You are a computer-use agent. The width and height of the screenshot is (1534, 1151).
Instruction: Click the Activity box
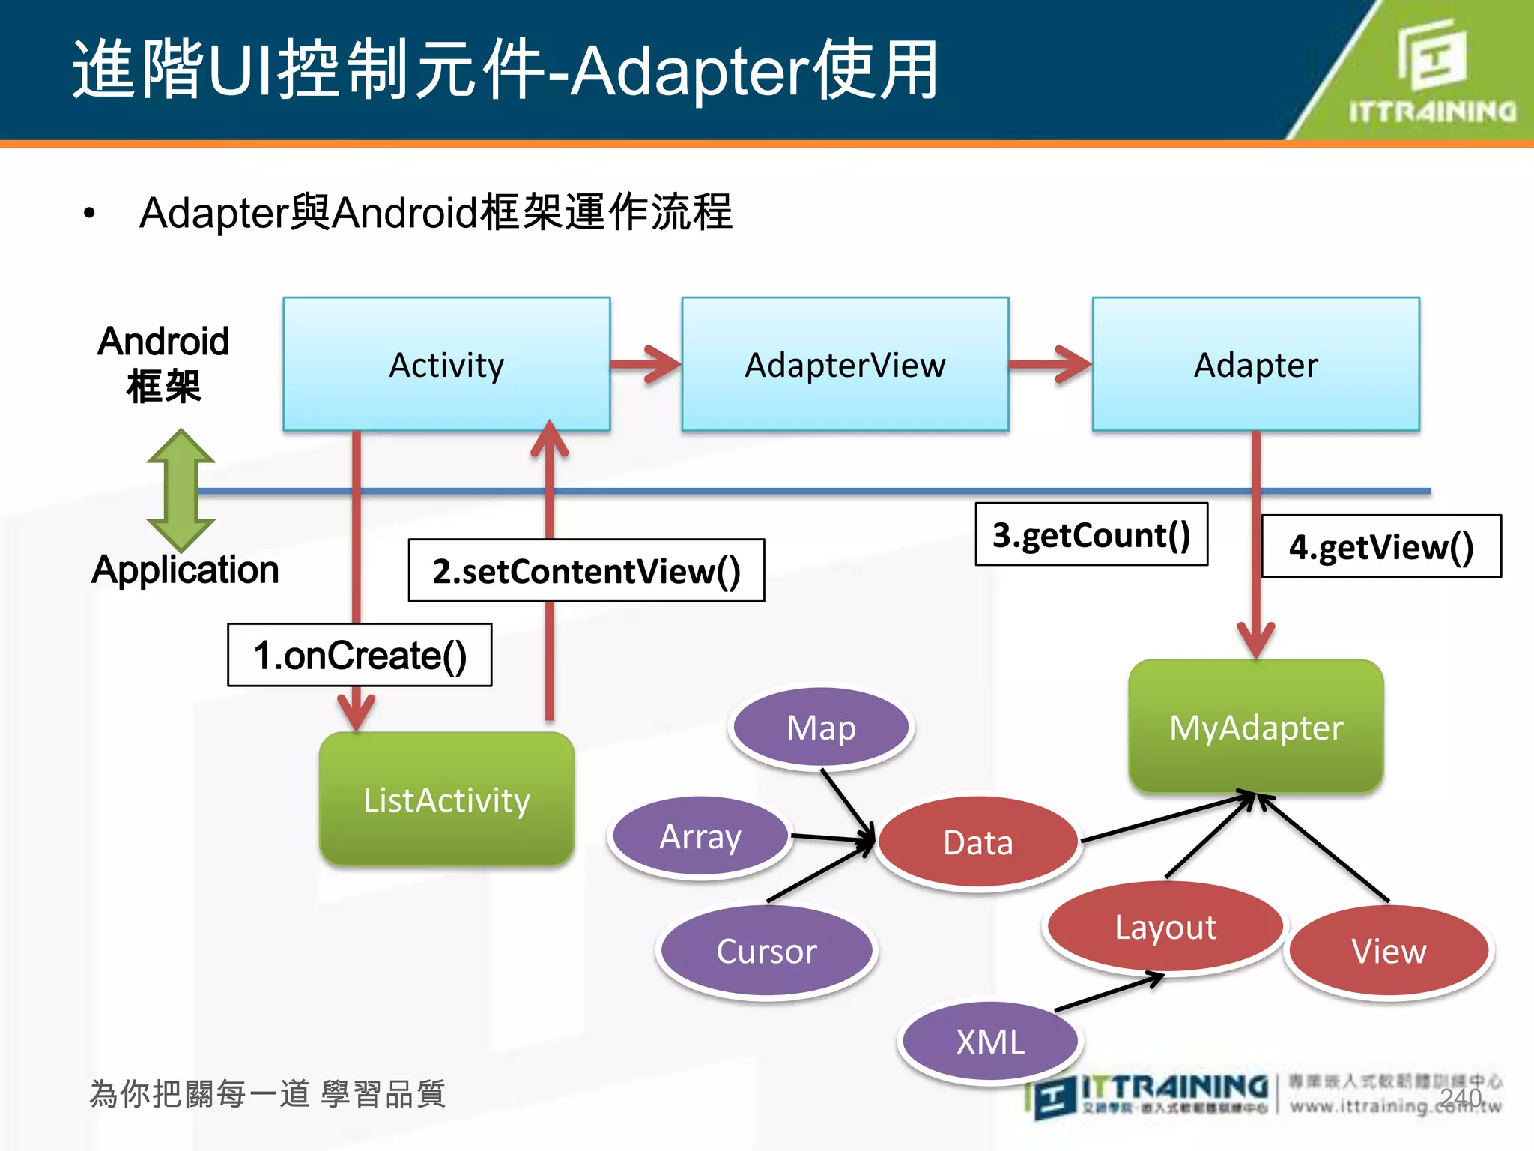(x=446, y=364)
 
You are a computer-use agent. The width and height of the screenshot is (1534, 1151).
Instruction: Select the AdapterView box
(x=845, y=364)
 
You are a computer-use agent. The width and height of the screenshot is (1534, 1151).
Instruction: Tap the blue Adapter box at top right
(x=1255, y=364)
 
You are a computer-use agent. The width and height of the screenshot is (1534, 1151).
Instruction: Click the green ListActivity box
(x=446, y=800)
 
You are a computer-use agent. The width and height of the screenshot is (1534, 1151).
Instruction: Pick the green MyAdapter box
(x=1255, y=727)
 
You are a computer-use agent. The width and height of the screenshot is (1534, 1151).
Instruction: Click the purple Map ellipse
(x=821, y=727)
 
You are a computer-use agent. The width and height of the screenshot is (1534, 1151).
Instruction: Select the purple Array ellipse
(x=700, y=836)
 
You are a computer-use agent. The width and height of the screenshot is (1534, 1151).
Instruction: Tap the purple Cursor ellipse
(x=766, y=951)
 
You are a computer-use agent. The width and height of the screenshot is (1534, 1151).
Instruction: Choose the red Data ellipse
(x=977, y=842)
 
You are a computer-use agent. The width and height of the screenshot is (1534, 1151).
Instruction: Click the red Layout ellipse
(x=1165, y=927)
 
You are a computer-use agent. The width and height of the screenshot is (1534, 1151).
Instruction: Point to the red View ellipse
(x=1389, y=951)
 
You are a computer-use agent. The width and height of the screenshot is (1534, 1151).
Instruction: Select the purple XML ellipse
(x=989, y=1042)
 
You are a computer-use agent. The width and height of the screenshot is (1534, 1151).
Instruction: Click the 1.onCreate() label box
(x=360, y=655)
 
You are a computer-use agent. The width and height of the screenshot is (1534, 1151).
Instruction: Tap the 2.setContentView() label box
(x=586, y=570)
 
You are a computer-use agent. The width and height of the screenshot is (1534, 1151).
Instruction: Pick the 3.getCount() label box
(x=1091, y=534)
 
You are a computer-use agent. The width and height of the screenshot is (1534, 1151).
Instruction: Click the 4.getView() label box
(x=1381, y=546)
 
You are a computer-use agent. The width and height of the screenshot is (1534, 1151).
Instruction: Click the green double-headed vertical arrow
(x=181, y=491)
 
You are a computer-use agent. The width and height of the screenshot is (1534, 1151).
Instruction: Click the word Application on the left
(x=185, y=570)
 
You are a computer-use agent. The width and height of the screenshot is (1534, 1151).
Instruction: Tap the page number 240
(x=1460, y=1097)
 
